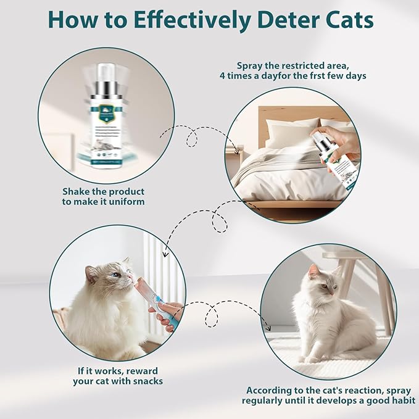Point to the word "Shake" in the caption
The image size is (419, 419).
(x=77, y=192)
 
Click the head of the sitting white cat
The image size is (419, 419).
(x=323, y=281)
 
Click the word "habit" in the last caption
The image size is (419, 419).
(x=398, y=401)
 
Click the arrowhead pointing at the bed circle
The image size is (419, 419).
(x=237, y=148)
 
